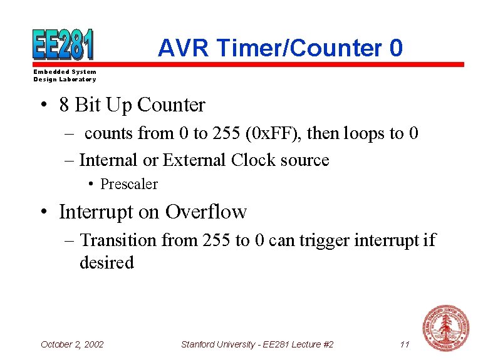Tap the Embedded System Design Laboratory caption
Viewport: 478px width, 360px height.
point(65,76)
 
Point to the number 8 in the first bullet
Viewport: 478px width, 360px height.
point(65,105)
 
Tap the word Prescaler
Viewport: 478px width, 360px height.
point(128,185)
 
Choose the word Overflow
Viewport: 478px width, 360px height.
point(206,212)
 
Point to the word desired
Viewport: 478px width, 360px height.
point(107,263)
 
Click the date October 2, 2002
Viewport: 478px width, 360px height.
point(72,344)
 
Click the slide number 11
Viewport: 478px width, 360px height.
point(404,344)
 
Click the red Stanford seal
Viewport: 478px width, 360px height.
point(445,328)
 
